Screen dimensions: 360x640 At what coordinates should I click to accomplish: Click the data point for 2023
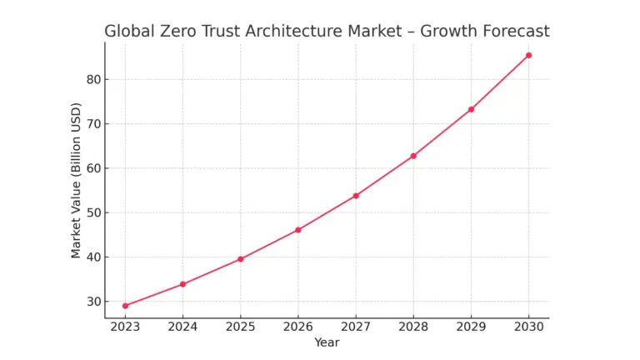125,306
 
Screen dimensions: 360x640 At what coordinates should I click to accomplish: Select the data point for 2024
182,284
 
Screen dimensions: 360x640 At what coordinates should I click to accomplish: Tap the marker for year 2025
241,259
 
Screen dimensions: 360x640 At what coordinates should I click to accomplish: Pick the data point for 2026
298,230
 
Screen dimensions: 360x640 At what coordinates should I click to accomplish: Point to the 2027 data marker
356,196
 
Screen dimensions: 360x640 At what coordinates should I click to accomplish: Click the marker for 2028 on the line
413,156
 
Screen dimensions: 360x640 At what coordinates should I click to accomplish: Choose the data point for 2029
471,109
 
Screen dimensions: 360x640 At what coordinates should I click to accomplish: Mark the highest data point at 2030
528,55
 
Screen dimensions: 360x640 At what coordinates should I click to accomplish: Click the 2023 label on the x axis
125,327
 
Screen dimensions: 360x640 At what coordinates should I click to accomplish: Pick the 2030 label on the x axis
528,327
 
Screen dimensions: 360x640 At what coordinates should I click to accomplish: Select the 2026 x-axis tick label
298,327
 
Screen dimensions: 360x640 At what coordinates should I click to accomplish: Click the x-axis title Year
327,342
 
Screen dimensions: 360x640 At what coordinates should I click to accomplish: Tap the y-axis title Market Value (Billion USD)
76,180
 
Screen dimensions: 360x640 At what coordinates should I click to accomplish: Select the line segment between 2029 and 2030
500,82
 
